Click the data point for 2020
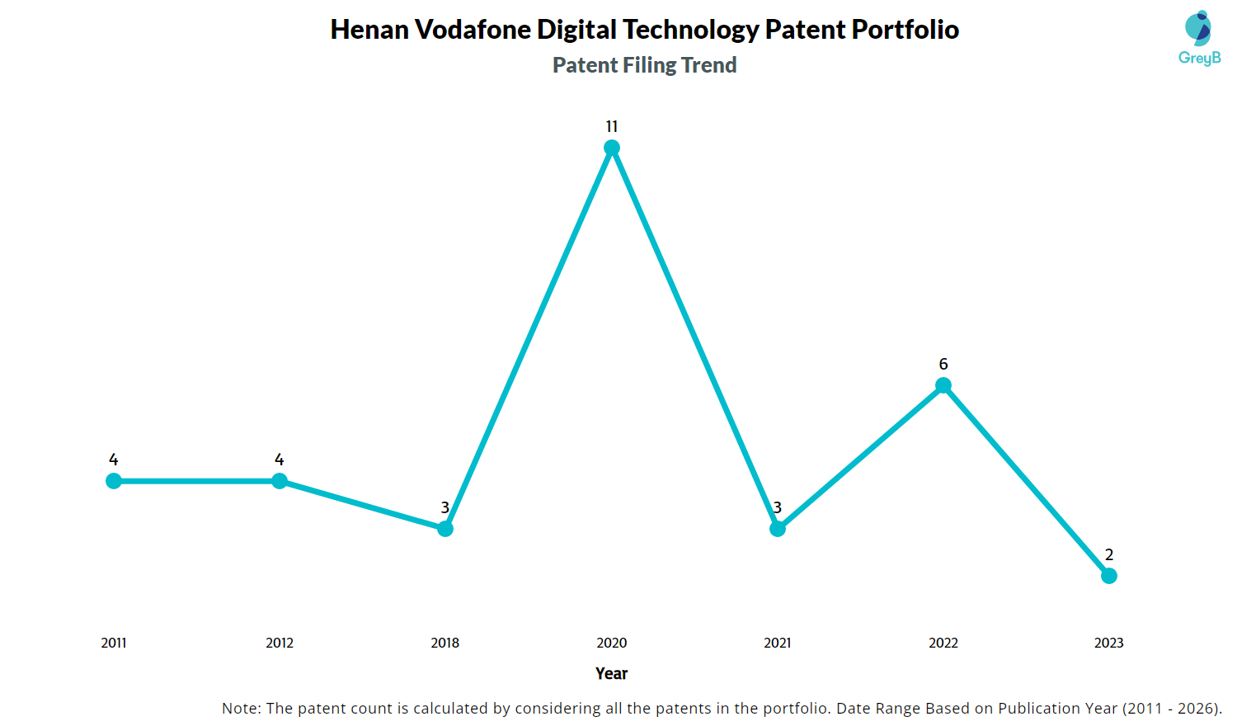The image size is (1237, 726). [x=612, y=148]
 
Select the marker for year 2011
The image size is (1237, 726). [x=114, y=481]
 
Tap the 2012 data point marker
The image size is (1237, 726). [x=280, y=481]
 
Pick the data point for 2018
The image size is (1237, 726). [x=445, y=529]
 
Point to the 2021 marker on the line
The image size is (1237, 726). [x=778, y=529]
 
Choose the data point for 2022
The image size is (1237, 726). [x=943, y=385]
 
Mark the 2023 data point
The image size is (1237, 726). [x=1109, y=576]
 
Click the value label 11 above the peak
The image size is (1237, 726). [x=612, y=126]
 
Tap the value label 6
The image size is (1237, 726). [x=943, y=364]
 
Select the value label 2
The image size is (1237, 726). [x=1109, y=554]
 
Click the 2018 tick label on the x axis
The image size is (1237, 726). [x=445, y=643]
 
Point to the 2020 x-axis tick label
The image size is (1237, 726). [x=612, y=643]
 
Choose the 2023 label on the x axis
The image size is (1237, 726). [x=1109, y=643]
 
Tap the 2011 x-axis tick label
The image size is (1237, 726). [x=114, y=643]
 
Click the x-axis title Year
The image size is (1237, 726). [x=612, y=673]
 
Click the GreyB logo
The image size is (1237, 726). [x=1199, y=38]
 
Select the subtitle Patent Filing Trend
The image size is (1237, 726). [x=644, y=65]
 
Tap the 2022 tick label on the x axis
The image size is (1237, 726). [x=943, y=643]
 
